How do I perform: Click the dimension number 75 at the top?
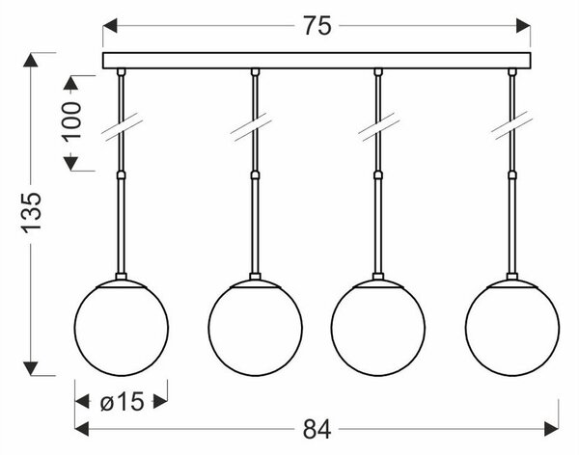click(317, 26)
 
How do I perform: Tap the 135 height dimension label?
click(31, 212)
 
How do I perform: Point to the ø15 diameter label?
click(122, 401)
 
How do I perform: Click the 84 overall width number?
click(317, 430)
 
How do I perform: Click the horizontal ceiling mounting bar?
click(317, 61)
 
